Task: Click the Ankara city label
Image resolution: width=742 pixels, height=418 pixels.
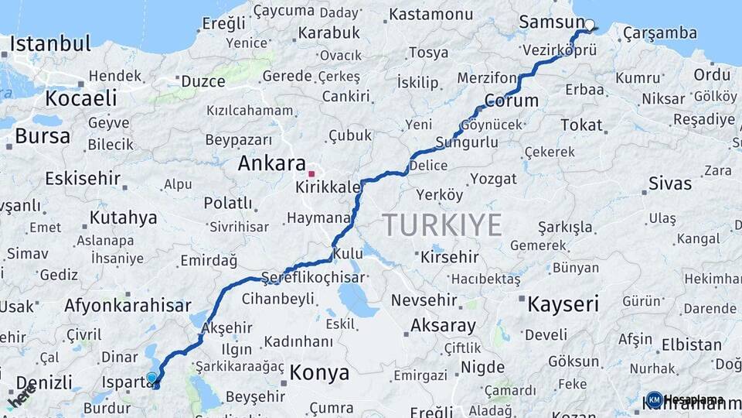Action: click(x=271, y=164)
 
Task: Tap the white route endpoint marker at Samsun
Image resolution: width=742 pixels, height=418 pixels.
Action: click(x=590, y=25)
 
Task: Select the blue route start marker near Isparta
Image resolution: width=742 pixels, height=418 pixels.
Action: click(x=152, y=379)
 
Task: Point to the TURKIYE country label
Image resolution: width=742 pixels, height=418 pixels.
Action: click(x=443, y=225)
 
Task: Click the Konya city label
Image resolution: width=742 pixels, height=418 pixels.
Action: click(x=320, y=373)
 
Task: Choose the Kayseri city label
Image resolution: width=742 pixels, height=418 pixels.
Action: click(x=563, y=303)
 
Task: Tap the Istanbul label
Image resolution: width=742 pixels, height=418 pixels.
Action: click(x=50, y=43)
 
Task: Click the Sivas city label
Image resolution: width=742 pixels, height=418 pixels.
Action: click(x=669, y=183)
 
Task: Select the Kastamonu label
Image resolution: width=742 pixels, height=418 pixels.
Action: click(x=431, y=14)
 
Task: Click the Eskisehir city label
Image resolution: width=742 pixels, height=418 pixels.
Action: click(x=83, y=179)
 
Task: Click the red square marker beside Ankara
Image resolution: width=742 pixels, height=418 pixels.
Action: click(x=311, y=173)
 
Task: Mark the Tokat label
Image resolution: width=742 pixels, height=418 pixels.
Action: click(x=581, y=125)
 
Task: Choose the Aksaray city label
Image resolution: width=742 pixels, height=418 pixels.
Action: click(x=443, y=324)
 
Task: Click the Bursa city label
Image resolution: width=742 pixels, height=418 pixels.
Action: click(x=43, y=136)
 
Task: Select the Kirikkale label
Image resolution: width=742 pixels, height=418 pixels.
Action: click(x=328, y=187)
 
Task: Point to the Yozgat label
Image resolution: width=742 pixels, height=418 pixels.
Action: click(x=493, y=179)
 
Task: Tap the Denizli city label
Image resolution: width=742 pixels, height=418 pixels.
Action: click(x=44, y=382)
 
